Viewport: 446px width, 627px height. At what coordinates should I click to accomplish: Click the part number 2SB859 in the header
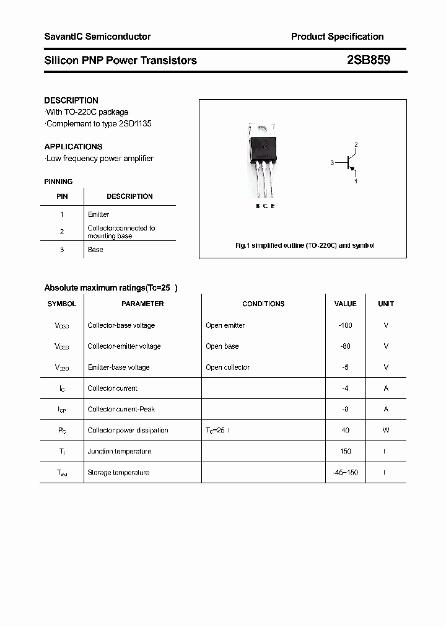(368, 60)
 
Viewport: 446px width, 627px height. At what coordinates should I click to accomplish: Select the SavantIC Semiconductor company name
(97, 37)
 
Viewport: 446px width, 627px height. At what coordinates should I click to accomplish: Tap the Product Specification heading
(337, 37)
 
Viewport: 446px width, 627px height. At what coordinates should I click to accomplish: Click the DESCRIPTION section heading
(71, 100)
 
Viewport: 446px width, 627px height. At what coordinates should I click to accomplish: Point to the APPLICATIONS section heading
(73, 147)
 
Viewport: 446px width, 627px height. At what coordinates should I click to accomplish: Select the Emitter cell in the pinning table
(98, 214)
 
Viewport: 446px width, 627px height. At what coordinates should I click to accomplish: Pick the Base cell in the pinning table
(95, 250)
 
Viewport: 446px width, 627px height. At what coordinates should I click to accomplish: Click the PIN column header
(62, 196)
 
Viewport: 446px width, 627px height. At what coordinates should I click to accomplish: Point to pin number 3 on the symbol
(332, 163)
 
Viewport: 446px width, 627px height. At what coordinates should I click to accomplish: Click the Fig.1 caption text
(305, 246)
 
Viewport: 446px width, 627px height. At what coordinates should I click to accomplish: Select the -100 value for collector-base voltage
(345, 325)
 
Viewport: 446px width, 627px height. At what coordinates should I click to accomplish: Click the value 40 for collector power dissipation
(345, 430)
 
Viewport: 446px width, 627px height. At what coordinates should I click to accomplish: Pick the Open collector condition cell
(227, 367)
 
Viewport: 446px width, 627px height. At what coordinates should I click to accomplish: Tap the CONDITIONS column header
(263, 304)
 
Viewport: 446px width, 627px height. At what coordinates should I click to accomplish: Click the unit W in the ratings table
(386, 430)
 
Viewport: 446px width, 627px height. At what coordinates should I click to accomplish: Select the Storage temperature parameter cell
(118, 472)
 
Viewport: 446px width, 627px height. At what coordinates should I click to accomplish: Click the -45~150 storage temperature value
(345, 472)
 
